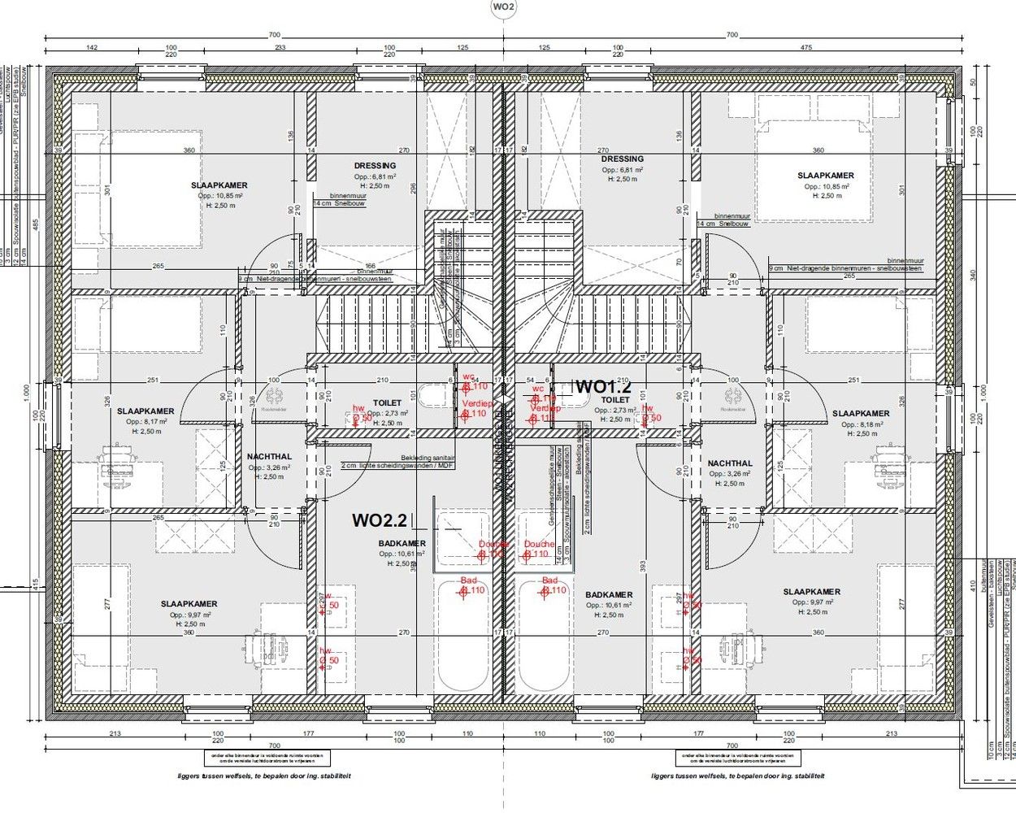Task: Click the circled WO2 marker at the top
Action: click(x=503, y=8)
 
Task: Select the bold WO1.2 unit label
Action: click(x=603, y=386)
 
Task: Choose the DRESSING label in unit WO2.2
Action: click(x=375, y=166)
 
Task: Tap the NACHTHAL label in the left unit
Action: click(x=269, y=457)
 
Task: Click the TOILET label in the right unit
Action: click(x=615, y=400)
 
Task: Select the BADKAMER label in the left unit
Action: click(x=402, y=543)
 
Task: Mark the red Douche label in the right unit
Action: click(x=539, y=544)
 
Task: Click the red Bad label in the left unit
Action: click(x=469, y=580)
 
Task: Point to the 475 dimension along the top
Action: click(x=805, y=48)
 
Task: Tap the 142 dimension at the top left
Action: click(x=91, y=48)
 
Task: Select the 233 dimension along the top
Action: click(x=280, y=48)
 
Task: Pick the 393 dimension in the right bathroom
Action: click(x=642, y=564)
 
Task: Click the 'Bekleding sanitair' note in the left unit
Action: click(x=428, y=458)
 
